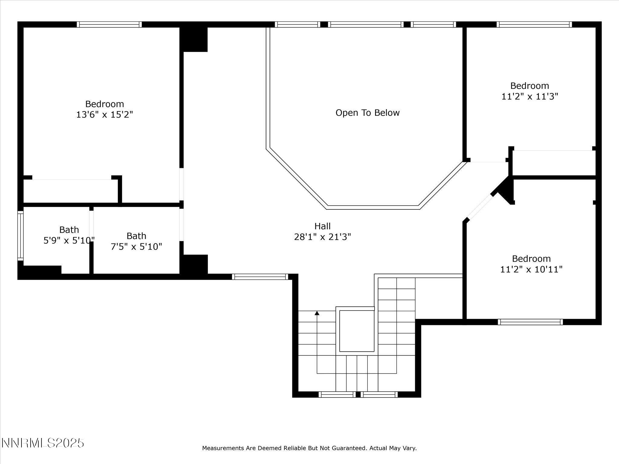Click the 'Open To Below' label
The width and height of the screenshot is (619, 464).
368,113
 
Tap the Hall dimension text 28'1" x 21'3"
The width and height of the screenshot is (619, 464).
322,237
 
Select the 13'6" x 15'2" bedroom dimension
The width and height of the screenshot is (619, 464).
105,115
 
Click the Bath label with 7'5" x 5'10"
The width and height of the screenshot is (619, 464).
136,236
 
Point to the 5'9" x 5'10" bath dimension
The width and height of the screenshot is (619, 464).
69,241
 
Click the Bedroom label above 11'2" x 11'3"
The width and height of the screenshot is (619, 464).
530,86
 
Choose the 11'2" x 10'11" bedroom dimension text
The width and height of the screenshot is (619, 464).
531,269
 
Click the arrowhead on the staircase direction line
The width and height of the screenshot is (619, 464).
317,314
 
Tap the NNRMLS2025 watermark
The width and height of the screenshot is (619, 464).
43,443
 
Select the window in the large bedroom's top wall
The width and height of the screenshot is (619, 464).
109,24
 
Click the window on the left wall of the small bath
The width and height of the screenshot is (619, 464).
20,236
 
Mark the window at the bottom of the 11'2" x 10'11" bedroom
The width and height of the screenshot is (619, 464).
530,322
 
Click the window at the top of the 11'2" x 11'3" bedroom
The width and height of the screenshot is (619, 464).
534,24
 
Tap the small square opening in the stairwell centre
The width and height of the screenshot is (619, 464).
357,331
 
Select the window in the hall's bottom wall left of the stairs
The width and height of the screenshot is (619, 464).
260,276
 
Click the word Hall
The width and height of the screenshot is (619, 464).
322,226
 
